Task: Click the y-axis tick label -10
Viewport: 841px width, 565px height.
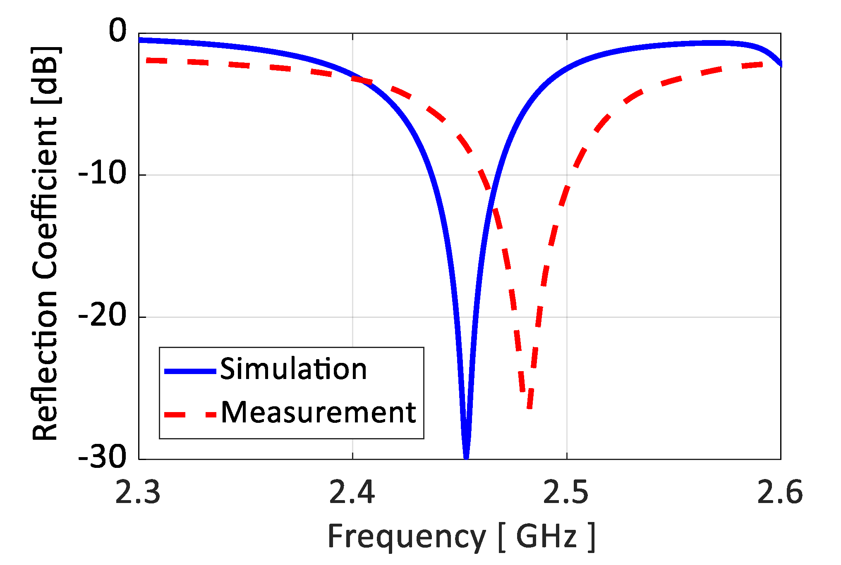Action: point(102,173)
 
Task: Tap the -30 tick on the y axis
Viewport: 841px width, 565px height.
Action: point(102,457)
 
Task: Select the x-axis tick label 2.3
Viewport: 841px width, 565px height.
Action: point(138,493)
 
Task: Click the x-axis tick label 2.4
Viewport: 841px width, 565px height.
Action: point(352,493)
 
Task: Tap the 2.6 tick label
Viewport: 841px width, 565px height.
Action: point(780,493)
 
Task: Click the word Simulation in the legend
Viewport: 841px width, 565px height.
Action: point(293,369)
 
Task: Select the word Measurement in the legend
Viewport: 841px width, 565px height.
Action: point(318,413)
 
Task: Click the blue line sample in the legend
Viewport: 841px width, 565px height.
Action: point(190,371)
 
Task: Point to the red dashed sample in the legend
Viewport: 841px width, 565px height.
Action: point(190,415)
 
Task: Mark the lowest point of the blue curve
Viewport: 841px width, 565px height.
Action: point(466,456)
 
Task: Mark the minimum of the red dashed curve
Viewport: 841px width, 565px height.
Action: point(530,407)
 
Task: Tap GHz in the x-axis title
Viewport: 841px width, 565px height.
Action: point(546,536)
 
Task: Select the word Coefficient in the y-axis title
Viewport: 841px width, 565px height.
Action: point(45,198)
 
